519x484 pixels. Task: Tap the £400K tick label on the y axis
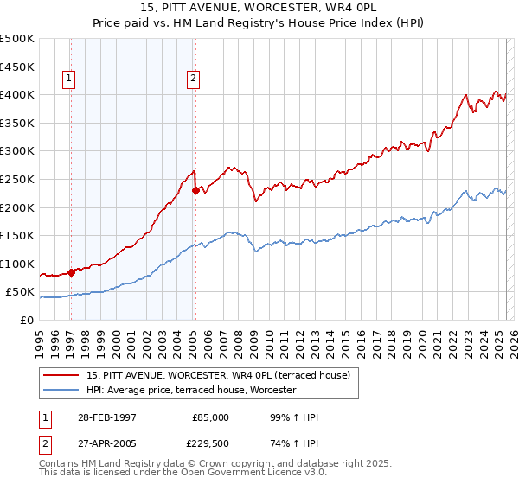[x=17, y=94]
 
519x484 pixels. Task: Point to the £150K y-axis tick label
[x=17, y=235]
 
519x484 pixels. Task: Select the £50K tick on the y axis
[x=21, y=292]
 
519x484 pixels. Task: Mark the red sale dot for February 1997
[x=72, y=271]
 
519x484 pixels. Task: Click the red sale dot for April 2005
[x=195, y=190]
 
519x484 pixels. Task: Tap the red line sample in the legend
[x=61, y=375]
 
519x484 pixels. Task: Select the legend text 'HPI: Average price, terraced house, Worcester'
[x=192, y=390]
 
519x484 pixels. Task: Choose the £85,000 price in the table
[x=211, y=417]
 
